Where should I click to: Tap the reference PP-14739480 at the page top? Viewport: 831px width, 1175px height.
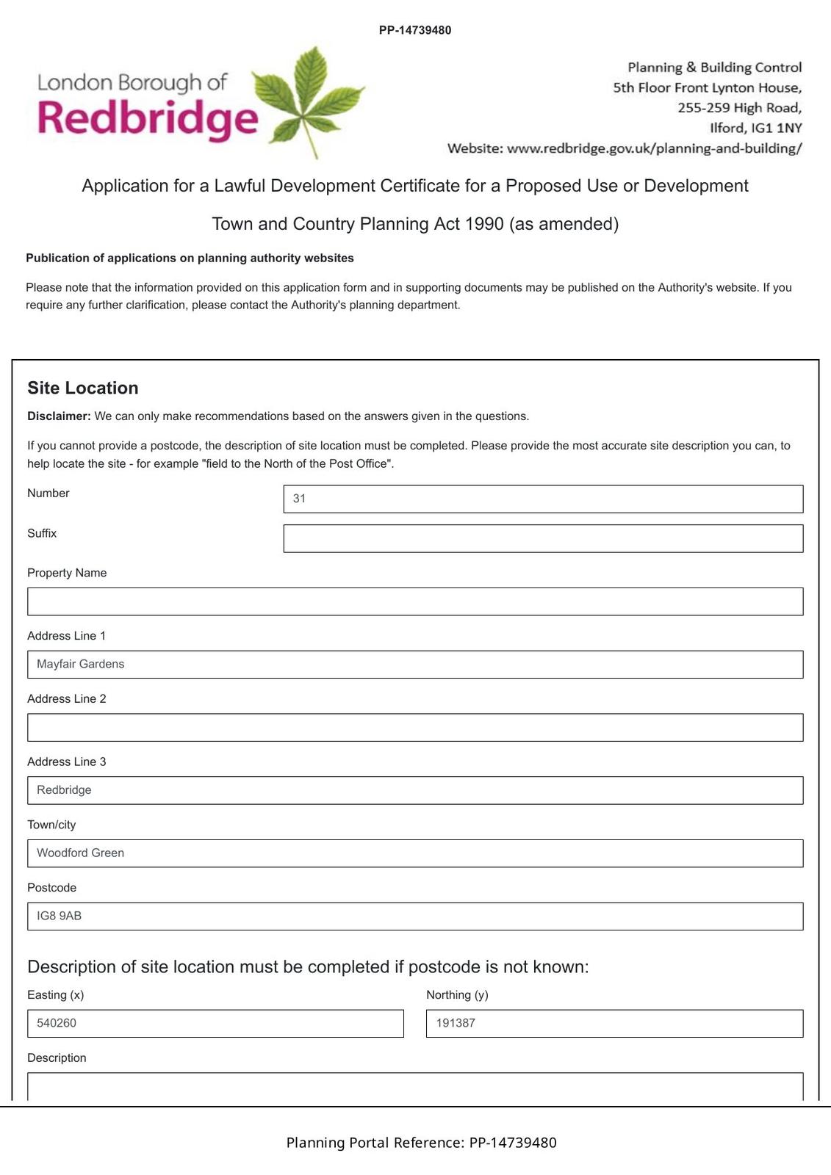pyautogui.click(x=415, y=30)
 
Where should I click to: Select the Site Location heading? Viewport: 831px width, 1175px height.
pyautogui.click(x=83, y=388)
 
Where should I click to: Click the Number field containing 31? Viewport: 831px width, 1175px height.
pyautogui.click(x=543, y=499)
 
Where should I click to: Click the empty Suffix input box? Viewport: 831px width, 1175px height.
pyautogui.click(x=543, y=538)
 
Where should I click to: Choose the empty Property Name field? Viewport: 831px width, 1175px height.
pyautogui.click(x=415, y=601)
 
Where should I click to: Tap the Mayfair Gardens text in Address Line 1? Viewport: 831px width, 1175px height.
pyautogui.click(x=81, y=664)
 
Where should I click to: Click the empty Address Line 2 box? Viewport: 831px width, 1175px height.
pyautogui.click(x=415, y=727)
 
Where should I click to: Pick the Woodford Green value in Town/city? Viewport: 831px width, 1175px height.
pyautogui.click(x=81, y=853)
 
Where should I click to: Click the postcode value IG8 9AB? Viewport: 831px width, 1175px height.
pyautogui.click(x=60, y=916)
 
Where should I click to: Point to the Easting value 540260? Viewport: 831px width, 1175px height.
pyautogui.click(x=57, y=1023)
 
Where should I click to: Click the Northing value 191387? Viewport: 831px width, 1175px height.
pyautogui.click(x=456, y=1023)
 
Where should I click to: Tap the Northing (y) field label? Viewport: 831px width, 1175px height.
pyautogui.click(x=457, y=995)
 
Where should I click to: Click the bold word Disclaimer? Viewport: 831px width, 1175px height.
pyautogui.click(x=59, y=416)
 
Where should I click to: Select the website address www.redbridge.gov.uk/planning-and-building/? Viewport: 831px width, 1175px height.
pyautogui.click(x=654, y=148)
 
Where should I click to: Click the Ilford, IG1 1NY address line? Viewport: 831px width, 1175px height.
pyautogui.click(x=755, y=128)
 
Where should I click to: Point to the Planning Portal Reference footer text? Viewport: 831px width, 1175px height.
pyautogui.click(x=421, y=1143)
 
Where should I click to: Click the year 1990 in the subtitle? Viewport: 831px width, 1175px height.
pyautogui.click(x=484, y=224)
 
